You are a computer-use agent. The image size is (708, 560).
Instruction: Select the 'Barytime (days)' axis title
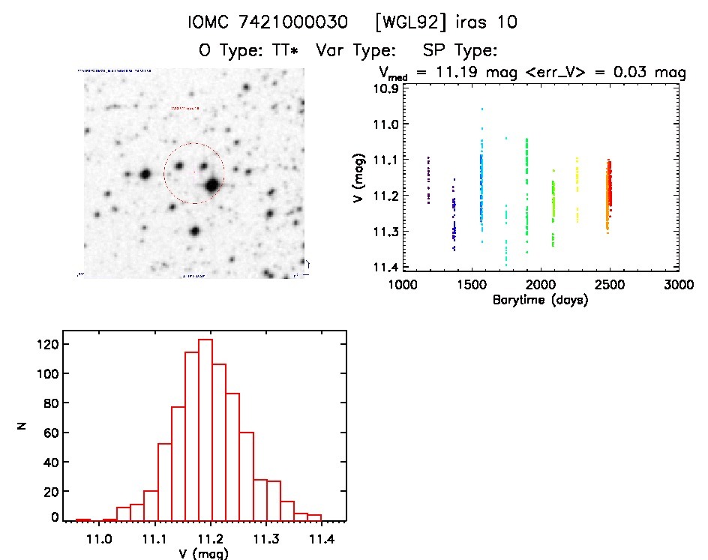pyautogui.click(x=540, y=300)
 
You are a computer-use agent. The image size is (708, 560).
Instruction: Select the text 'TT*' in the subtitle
pyautogui.click(x=289, y=51)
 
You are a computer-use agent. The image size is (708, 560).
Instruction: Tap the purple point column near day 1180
pyautogui.click(x=428, y=180)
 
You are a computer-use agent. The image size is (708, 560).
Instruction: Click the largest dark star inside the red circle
pyautogui.click(x=212, y=184)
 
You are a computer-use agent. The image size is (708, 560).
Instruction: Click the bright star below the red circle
pyautogui.click(x=195, y=232)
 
